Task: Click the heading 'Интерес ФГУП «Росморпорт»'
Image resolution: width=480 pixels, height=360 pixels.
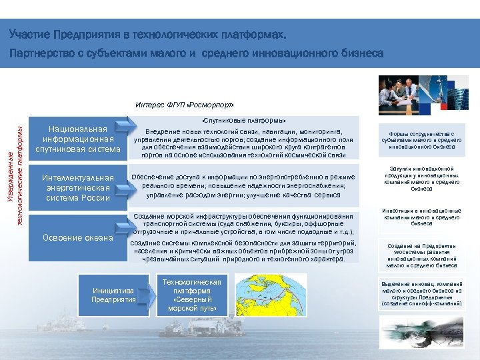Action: [x=185, y=105]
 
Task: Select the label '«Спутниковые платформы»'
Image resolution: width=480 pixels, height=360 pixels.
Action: [x=243, y=121]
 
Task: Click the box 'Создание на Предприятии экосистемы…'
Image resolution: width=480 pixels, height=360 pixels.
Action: [x=421, y=255]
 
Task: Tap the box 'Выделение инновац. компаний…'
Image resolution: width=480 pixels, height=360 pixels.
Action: [x=421, y=293]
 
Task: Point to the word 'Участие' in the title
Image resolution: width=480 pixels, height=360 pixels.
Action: [x=29, y=34]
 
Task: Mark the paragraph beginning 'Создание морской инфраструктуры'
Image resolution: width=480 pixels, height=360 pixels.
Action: [x=243, y=224]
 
